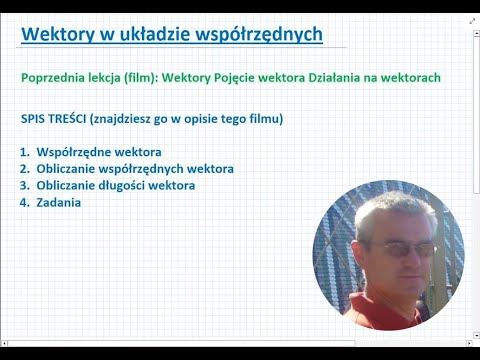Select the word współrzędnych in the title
tap(262, 35)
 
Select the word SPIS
tap(34, 119)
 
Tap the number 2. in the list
tap(25, 169)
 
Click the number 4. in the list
tap(25, 202)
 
